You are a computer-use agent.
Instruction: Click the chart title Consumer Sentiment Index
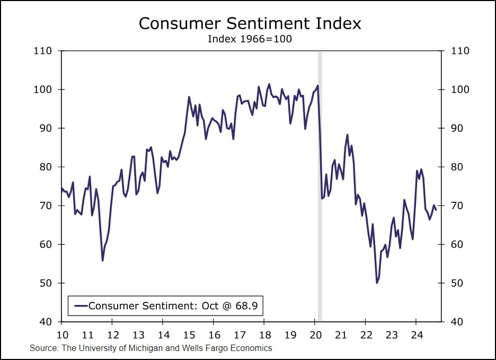tap(250, 24)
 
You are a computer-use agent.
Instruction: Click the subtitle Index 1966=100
tap(250, 39)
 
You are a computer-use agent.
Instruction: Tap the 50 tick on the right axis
tap(456, 283)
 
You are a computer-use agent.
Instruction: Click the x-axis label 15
tap(189, 335)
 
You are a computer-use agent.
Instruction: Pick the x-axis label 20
tap(315, 335)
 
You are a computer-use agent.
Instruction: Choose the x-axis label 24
tap(416, 335)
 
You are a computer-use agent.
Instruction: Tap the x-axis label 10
tap(62, 335)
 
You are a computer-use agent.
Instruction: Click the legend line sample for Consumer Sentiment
tap(81, 306)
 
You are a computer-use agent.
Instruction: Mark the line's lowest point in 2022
tap(377, 283)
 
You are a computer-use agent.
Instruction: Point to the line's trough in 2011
tap(102, 260)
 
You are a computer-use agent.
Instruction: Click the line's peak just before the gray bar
tap(318, 86)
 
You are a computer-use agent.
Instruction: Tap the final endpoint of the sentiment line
tap(436, 210)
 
